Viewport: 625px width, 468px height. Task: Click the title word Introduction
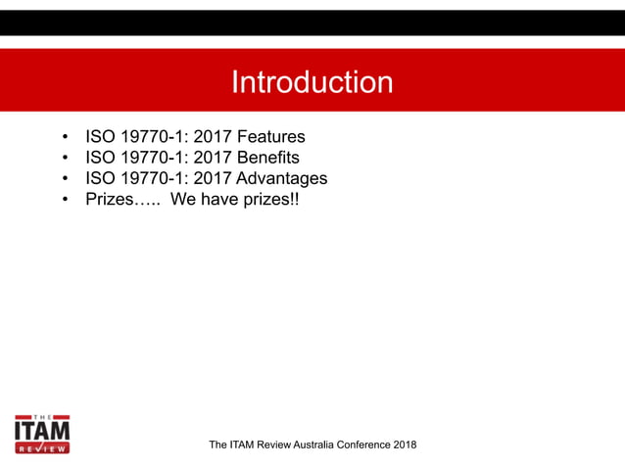(x=312, y=82)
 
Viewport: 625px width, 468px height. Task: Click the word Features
(x=270, y=136)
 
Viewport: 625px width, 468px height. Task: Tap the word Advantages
(x=282, y=179)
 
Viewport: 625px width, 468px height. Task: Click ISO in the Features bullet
(x=100, y=136)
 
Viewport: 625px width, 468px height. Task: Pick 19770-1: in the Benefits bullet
(x=154, y=158)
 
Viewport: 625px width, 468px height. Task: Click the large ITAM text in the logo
(x=42, y=431)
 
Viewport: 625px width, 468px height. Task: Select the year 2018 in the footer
(x=404, y=445)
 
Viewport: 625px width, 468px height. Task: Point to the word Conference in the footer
(x=361, y=445)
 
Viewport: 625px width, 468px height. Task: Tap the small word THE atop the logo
(x=42, y=415)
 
